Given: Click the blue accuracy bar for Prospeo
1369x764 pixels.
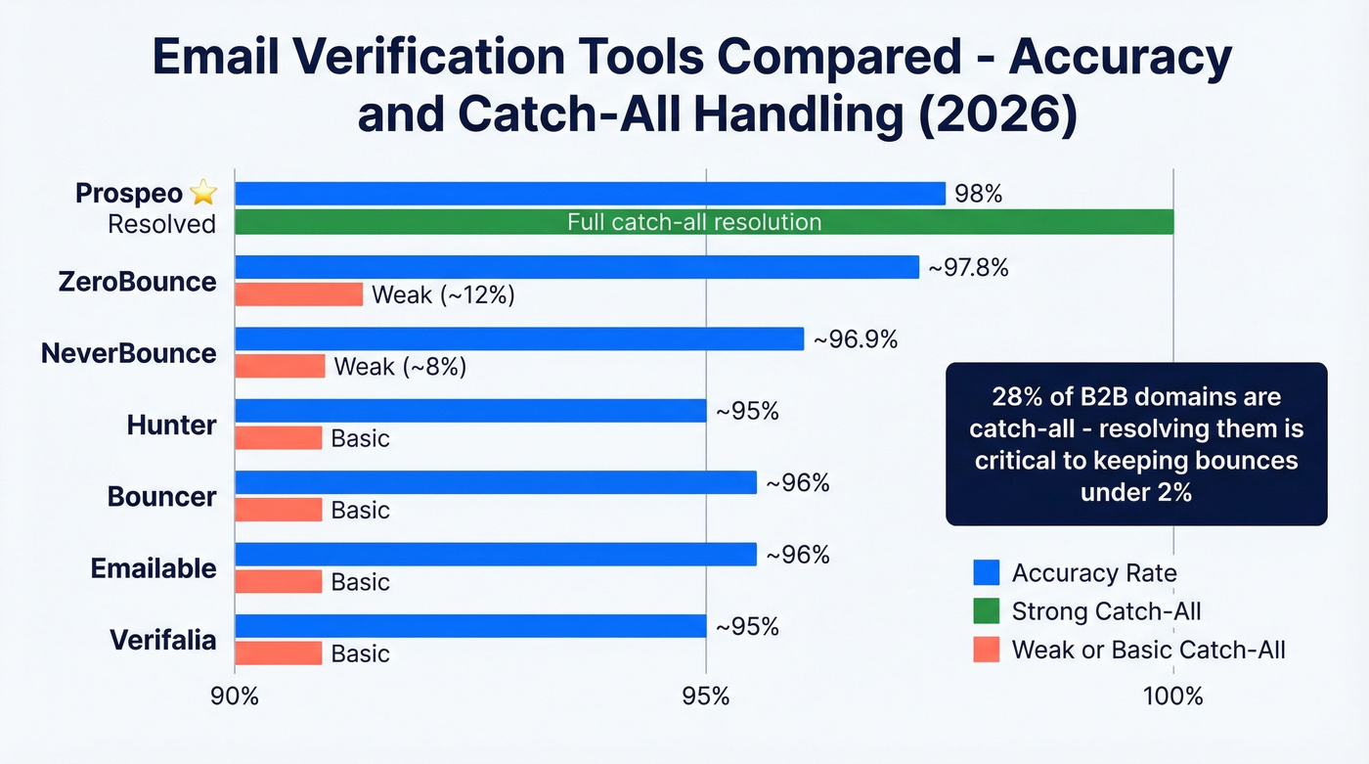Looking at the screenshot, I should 590,194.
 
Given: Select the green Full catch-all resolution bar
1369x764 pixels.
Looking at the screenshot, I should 704,222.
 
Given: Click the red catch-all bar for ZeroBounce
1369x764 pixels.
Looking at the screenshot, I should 299,294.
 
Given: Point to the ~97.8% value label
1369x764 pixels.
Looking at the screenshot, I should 968,267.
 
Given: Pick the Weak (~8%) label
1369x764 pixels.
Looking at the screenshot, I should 400,367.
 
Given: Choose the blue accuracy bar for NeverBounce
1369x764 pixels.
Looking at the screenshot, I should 519,338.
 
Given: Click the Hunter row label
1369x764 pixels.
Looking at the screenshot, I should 171,425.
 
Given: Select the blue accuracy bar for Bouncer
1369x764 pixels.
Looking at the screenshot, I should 496,482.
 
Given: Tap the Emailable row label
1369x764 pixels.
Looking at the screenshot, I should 154,567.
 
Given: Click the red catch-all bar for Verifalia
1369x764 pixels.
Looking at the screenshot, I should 279,652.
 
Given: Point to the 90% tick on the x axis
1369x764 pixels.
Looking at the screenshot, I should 235,697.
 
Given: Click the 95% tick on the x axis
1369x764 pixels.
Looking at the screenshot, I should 705,697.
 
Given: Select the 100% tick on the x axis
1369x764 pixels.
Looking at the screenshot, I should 1173,697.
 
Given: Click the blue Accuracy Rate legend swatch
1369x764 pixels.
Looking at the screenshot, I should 987,572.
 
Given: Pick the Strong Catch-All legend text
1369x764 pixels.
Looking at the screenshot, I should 1106,611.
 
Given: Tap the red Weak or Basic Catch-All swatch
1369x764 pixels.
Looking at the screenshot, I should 987,649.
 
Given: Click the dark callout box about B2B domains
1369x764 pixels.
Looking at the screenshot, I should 1135,444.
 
